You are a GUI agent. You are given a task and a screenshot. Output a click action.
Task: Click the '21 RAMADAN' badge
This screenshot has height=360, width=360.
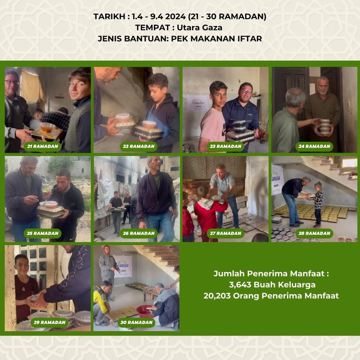(x=42, y=147)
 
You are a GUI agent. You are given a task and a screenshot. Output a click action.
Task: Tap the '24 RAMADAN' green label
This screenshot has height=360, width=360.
(x=314, y=147)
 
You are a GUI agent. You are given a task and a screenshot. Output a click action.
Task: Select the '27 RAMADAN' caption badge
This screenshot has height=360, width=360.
(x=225, y=233)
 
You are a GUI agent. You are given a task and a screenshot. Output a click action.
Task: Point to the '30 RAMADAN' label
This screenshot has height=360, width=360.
(x=136, y=322)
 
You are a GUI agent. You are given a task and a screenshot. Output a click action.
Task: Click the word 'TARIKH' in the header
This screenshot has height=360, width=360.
(x=109, y=17)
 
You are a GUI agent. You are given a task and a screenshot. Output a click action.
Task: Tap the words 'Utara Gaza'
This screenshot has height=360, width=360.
(x=199, y=27)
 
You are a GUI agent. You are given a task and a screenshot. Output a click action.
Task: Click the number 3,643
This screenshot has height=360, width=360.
(x=240, y=285)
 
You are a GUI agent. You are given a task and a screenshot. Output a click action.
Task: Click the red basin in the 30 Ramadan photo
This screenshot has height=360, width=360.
(x=146, y=311)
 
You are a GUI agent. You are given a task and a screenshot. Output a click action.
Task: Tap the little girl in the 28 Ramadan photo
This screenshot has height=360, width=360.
(x=318, y=204)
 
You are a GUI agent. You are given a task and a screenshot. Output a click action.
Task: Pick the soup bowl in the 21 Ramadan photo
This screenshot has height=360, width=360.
(x=47, y=128)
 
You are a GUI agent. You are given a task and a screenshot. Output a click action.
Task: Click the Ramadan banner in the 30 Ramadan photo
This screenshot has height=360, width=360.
(x=123, y=266)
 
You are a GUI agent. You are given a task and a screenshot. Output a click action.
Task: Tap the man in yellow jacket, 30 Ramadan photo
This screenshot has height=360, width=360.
(x=103, y=303)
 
